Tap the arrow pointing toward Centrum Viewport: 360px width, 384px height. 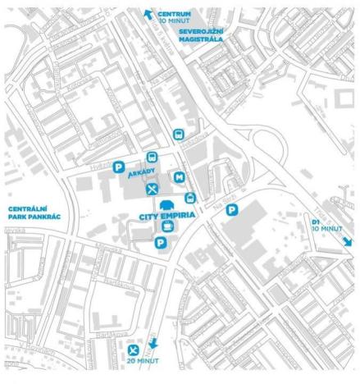[x=148, y=12]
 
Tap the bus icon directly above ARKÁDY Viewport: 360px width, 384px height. [x=151, y=158]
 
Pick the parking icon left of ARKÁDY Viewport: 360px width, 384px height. [x=119, y=167]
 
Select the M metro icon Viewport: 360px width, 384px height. [x=179, y=176]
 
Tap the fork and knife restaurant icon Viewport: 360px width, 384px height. [x=152, y=190]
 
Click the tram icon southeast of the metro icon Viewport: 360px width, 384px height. [x=189, y=197]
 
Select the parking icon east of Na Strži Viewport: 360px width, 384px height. [x=232, y=211]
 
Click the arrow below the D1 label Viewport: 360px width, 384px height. [x=348, y=241]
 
